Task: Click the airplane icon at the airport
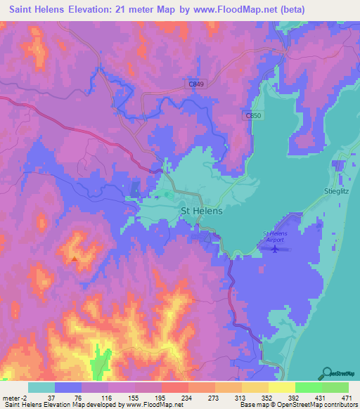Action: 275,248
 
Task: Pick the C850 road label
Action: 253,115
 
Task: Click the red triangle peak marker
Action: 74,258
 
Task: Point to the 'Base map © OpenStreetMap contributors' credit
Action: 297,404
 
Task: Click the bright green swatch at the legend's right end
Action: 335,387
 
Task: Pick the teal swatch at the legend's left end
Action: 41,387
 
